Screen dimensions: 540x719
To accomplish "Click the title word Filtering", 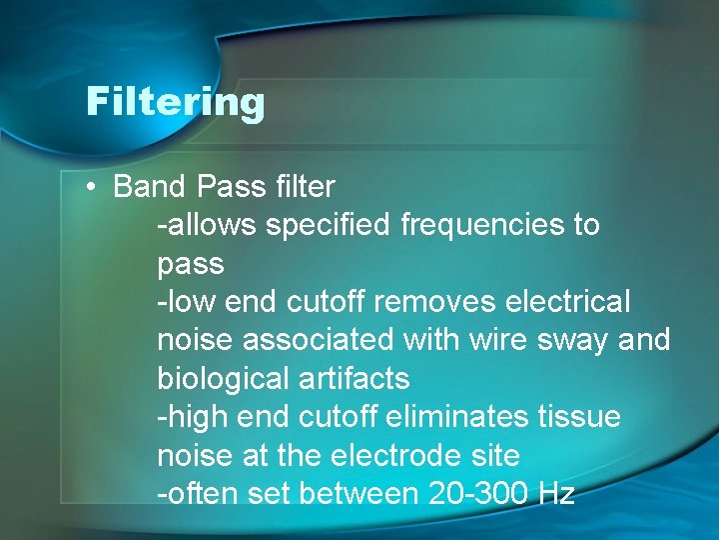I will pyautogui.click(x=175, y=101).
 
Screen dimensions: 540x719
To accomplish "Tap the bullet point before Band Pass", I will pyautogui.click(x=91, y=187).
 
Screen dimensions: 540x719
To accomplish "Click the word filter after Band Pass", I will pyautogui.click(x=300, y=186).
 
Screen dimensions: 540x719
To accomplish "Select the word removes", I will pyautogui.click(x=446, y=301).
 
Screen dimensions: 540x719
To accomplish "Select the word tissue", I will pyautogui.click(x=580, y=417).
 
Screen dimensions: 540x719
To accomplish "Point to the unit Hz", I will pyautogui.click(x=555, y=494).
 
